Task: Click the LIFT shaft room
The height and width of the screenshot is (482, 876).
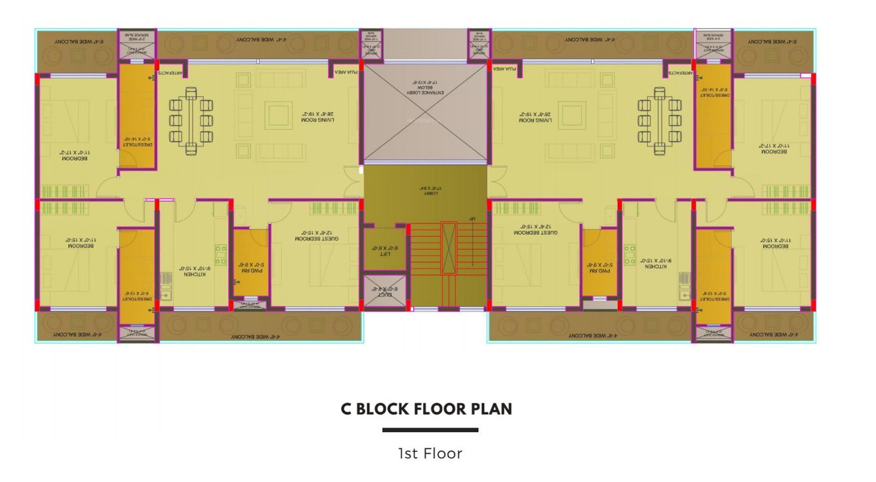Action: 384,251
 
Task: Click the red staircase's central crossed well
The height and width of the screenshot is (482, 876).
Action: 448,247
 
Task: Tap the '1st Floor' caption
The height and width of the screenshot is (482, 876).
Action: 430,453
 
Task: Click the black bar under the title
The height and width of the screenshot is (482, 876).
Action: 430,430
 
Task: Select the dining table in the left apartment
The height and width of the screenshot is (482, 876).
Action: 191,121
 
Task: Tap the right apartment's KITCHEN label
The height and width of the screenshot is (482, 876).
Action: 656,262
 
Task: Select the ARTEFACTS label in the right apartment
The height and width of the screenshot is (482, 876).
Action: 681,73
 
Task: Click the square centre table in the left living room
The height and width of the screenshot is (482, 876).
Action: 279,116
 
